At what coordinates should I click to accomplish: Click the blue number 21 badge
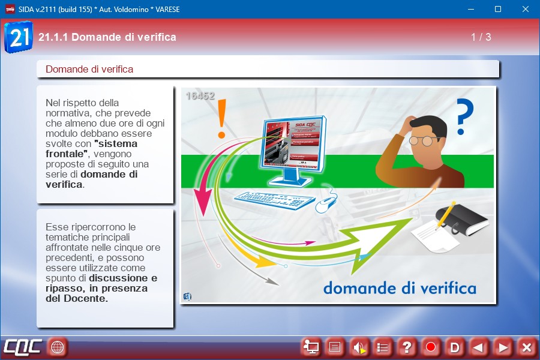pos(19,37)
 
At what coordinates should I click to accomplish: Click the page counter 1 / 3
pos(481,37)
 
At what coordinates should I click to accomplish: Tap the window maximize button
pos(498,10)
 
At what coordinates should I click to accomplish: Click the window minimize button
pos(471,10)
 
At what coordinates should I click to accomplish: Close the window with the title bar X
pos(526,10)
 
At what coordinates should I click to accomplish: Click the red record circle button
pos(430,347)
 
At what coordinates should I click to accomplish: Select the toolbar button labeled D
pos(455,347)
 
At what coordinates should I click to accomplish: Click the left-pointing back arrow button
pos(478,347)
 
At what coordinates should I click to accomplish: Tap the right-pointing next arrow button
pos(502,347)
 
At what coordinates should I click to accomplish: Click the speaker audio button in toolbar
pos(359,347)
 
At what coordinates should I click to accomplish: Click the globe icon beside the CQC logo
pos(58,347)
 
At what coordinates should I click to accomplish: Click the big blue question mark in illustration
pos(464,116)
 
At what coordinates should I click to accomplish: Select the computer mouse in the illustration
pos(325,203)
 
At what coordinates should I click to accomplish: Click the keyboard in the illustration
pos(275,200)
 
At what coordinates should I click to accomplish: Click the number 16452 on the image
pos(200,96)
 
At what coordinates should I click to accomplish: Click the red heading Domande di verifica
pos(89,69)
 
